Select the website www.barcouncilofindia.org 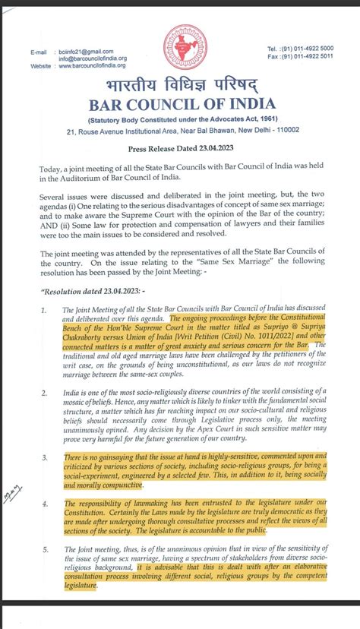[94, 66]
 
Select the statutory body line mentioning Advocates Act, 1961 [183, 119]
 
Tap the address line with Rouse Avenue [183, 130]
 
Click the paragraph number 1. [43, 310]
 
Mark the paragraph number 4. [43, 503]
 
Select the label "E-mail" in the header [39, 51]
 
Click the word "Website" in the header [41, 66]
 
